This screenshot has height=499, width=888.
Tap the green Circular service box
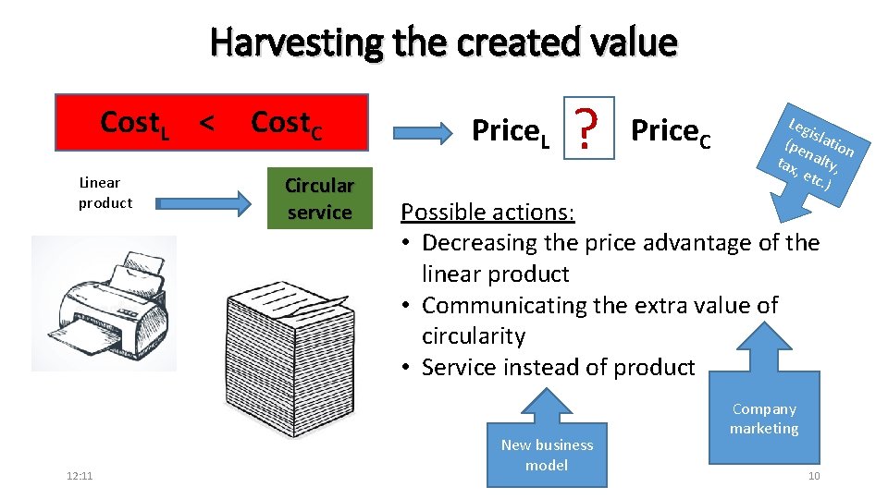pos(319,198)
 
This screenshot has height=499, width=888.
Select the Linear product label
pos(105,193)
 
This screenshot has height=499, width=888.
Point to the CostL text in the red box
pos(134,123)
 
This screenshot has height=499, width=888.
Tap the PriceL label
pos(511,133)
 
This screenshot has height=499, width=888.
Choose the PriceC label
pos(671,133)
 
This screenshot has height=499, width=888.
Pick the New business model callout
pos(547,448)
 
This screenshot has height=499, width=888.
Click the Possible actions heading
pos(487,212)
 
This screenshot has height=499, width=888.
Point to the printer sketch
pos(104,303)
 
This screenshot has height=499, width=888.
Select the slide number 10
pos(813,476)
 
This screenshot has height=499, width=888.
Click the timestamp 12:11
pos(80,476)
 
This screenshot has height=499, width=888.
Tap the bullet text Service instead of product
pos(557,367)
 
